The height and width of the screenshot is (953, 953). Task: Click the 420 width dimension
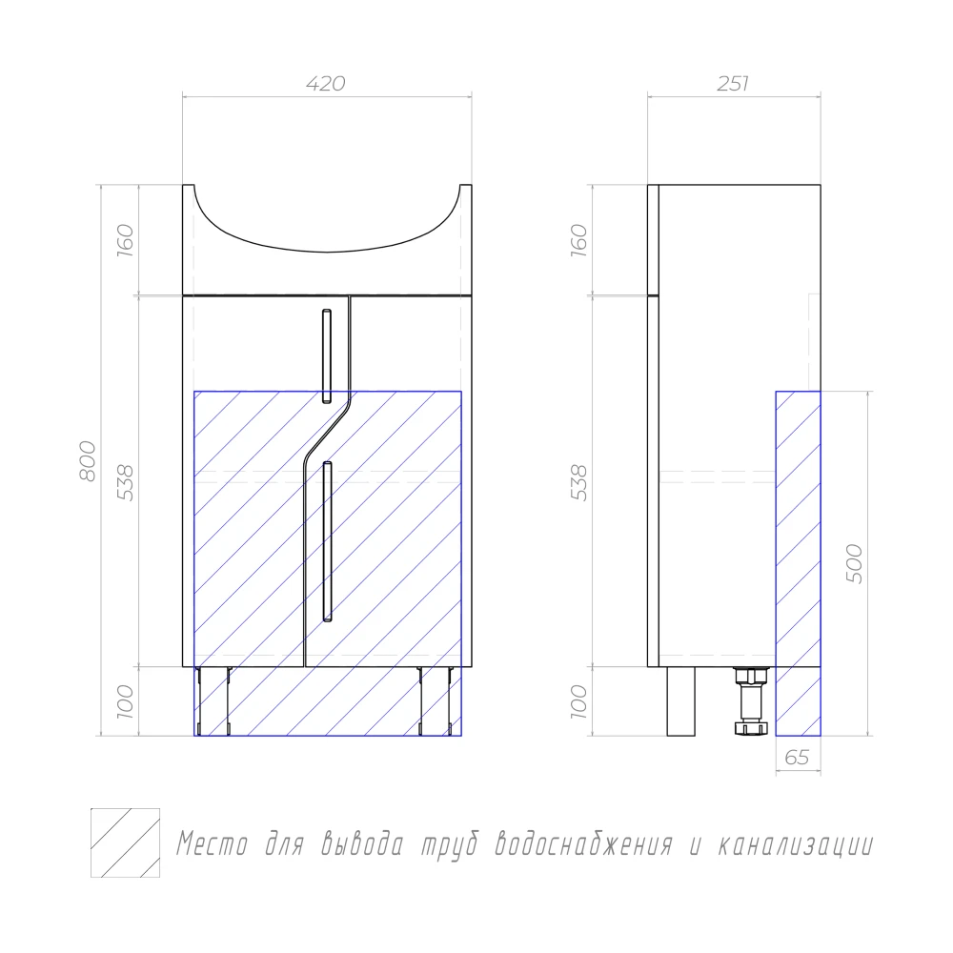click(x=326, y=83)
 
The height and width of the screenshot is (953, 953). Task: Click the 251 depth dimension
click(x=732, y=83)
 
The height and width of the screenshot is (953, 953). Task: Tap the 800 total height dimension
click(x=88, y=461)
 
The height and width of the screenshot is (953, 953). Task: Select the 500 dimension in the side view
click(x=854, y=563)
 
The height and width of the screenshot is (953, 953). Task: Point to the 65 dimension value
click(x=797, y=758)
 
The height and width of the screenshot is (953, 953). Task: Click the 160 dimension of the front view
click(x=125, y=240)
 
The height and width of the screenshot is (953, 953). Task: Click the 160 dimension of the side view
click(x=579, y=240)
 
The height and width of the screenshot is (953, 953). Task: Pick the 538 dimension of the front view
click(x=125, y=482)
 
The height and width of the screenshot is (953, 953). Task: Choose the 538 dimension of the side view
click(x=579, y=482)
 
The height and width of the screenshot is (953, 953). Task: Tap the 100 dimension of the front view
click(x=125, y=701)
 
